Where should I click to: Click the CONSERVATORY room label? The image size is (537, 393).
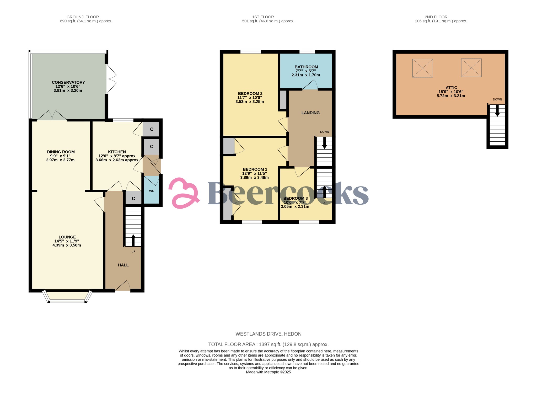point(68,82)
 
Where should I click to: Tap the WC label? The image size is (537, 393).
point(152,191)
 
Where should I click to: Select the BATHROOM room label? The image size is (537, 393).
point(306,67)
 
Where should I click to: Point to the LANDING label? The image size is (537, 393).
point(310,113)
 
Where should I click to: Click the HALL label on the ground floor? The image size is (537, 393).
point(123,265)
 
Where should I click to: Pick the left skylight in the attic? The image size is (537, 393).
point(422,68)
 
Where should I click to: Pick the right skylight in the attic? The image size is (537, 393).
point(471,68)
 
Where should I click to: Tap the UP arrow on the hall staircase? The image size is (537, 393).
point(133,240)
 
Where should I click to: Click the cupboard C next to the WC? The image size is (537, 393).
point(133,199)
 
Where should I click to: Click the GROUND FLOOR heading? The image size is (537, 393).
point(83,17)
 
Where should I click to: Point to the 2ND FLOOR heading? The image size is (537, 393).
point(436,17)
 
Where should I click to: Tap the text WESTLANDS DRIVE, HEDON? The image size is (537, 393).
point(268,334)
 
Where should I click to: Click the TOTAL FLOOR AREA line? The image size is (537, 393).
point(268,344)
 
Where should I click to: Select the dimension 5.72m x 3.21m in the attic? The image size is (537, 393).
point(451,96)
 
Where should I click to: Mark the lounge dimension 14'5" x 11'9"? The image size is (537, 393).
point(67,241)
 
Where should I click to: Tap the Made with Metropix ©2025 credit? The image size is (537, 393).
point(268,372)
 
